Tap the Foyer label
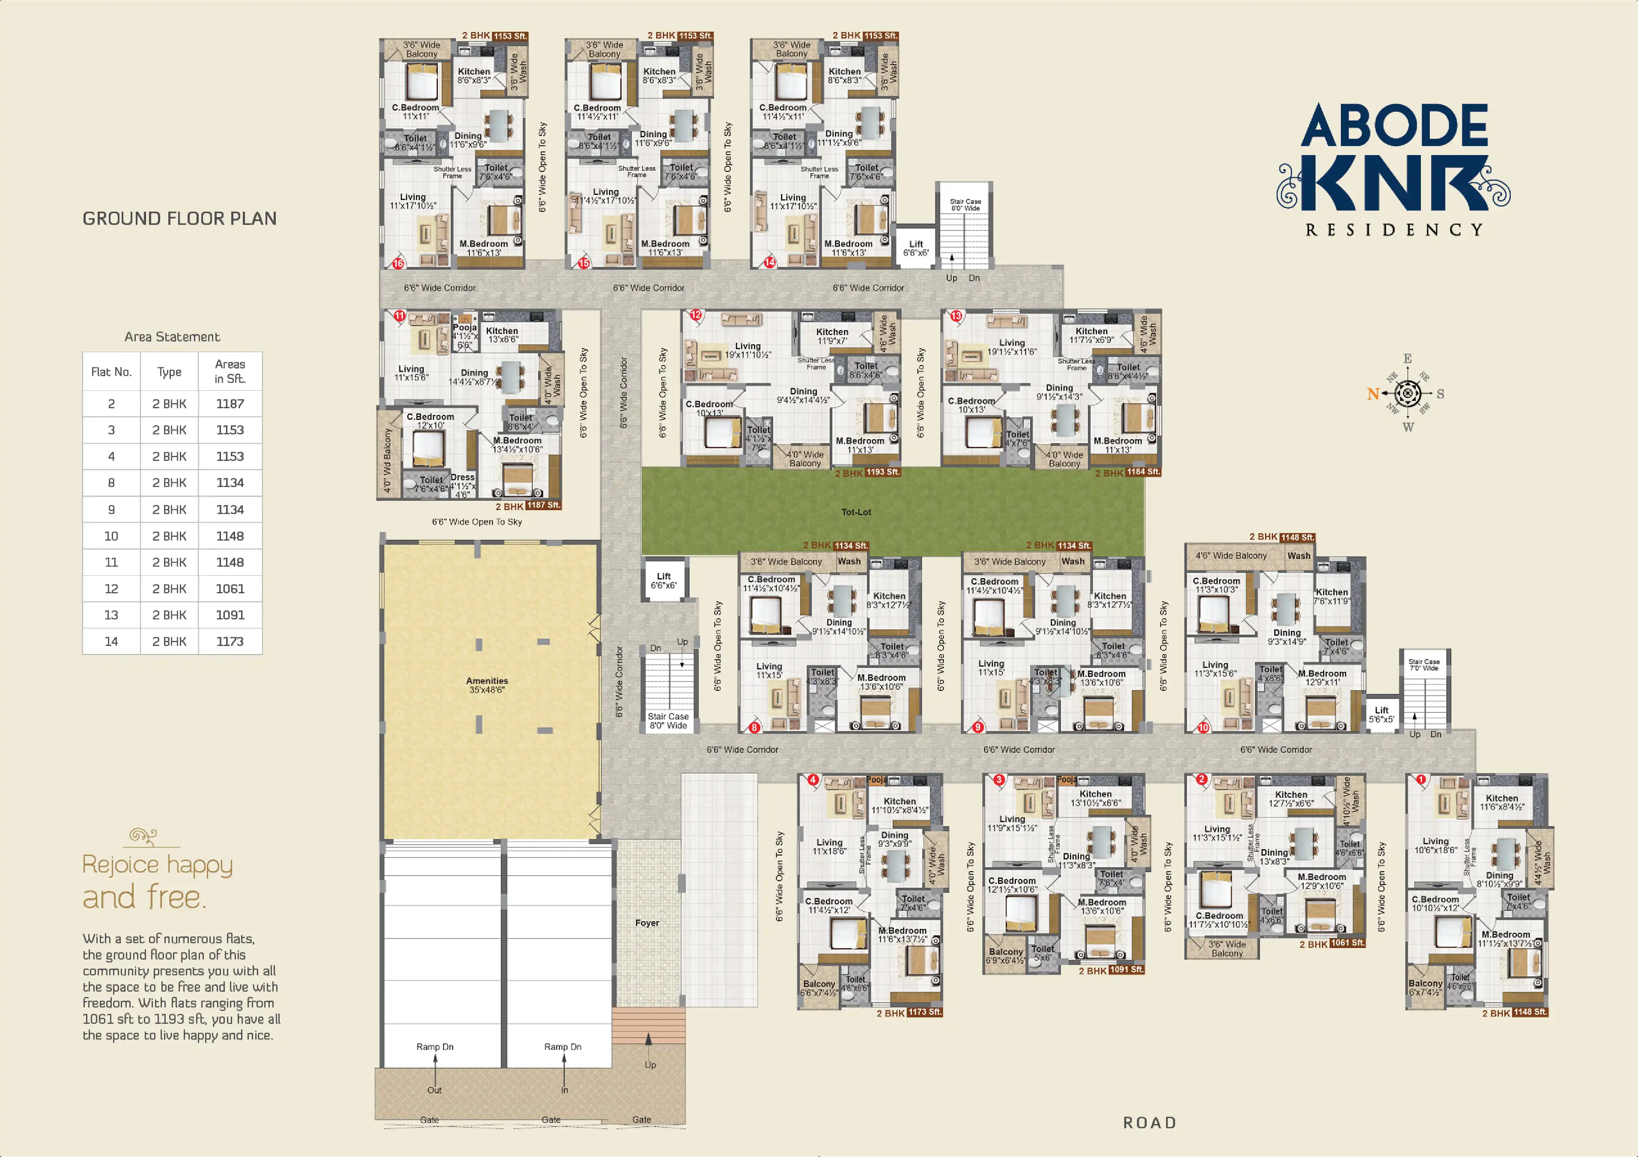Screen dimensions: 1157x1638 (x=647, y=923)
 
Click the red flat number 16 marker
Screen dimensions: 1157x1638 (x=398, y=263)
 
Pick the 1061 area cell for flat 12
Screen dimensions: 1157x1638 (x=230, y=589)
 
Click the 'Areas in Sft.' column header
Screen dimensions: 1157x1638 (x=230, y=371)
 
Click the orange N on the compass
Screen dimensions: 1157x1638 (x=1372, y=394)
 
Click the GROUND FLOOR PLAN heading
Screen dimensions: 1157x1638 (x=179, y=218)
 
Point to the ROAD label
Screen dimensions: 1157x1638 (x=1149, y=1123)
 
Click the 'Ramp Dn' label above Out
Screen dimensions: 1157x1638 (x=435, y=1046)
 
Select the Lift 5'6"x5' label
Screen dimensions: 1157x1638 (x=1381, y=715)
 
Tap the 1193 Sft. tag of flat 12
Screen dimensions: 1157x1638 (x=883, y=472)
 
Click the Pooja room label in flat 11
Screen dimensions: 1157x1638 (x=465, y=328)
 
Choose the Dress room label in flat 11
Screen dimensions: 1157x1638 (x=462, y=478)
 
